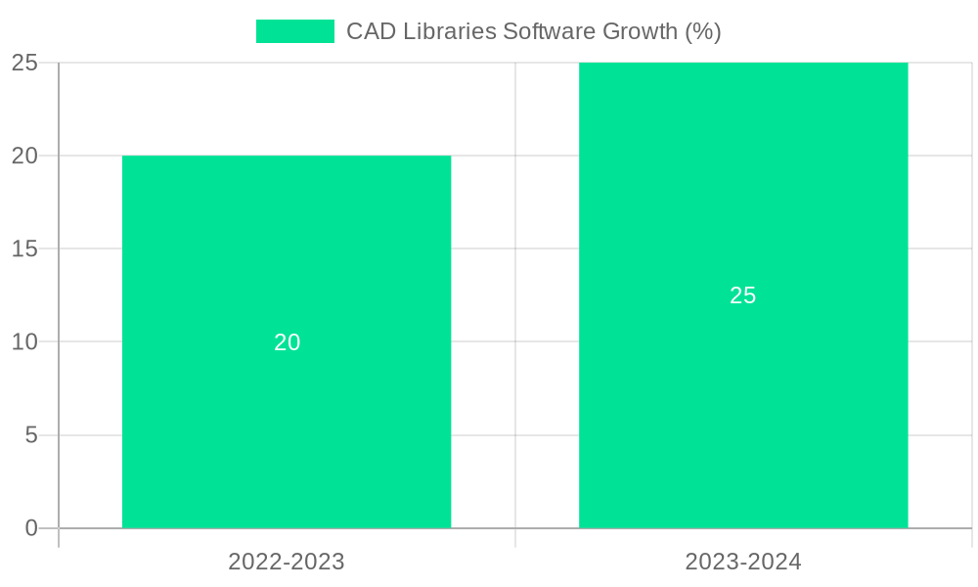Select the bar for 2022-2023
[287, 411]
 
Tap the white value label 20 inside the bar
[287, 342]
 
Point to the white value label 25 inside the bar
[743, 295]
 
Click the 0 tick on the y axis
[31, 528]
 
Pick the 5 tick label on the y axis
[31, 434]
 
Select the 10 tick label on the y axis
[24, 341]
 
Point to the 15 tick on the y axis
[24, 248]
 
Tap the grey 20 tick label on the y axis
[24, 156]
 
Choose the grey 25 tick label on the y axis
[24, 63]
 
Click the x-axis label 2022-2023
[287, 562]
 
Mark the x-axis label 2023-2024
[743, 562]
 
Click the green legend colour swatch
[294, 31]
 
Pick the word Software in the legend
[549, 31]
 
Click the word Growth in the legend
[640, 31]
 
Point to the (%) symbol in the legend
[703, 31]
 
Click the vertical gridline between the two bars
[515, 293]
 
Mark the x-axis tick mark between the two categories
[515, 538]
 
